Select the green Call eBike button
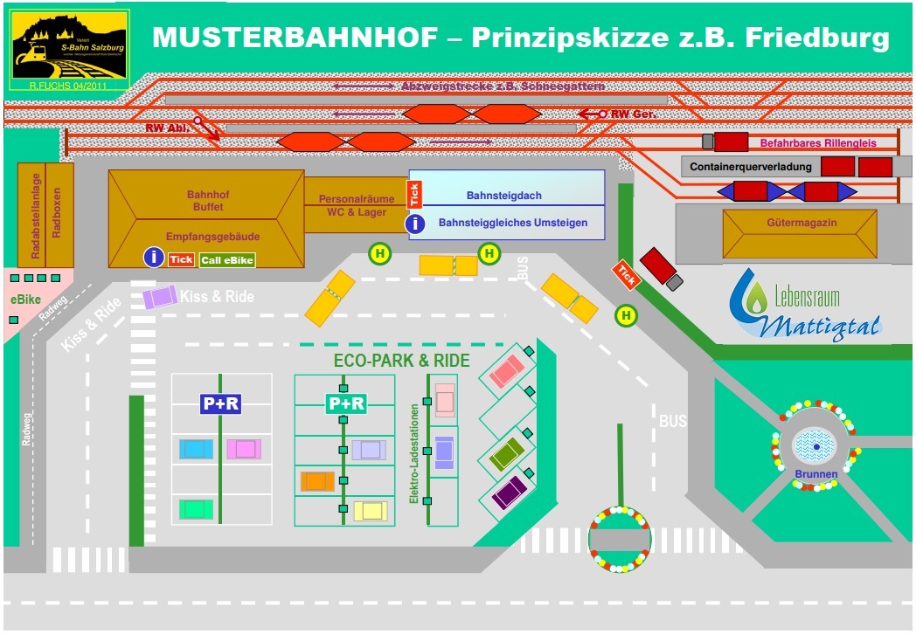pos(227,259)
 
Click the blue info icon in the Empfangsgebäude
pos(154,257)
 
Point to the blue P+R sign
pos(220,403)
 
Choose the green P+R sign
pos(345,403)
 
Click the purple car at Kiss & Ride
pos(160,297)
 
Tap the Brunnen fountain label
pos(815,474)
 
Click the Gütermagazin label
pos(801,223)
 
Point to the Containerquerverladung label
pos(750,167)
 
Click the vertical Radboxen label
pos(58,213)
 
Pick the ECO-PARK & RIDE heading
pos(401,361)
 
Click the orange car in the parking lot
pos(317,481)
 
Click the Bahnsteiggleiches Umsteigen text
pos(512,223)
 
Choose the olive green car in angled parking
pos(506,453)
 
